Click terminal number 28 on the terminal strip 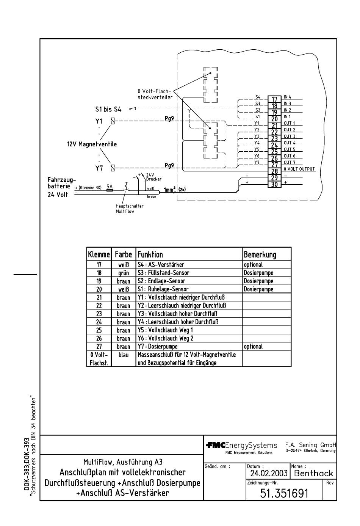click(274, 171)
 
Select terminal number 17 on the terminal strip click(274, 99)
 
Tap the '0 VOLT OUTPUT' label click(299, 169)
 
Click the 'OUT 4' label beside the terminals click(290, 143)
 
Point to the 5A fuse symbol click(110, 190)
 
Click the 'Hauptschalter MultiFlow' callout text click(129, 209)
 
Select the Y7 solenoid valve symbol click(113, 168)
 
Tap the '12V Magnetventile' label click(92, 144)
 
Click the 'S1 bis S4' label click(108, 109)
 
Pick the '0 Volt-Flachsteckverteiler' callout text click(155, 94)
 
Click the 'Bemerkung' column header click(260, 254)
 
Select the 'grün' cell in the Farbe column click(124, 273)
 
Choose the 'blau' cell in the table click(124, 355)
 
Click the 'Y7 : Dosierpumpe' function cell click(158, 347)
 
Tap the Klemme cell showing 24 click(99, 322)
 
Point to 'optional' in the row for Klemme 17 click(253, 265)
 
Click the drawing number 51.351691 click(284, 493)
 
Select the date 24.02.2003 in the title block click(269, 473)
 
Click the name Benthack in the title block click(313, 473)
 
